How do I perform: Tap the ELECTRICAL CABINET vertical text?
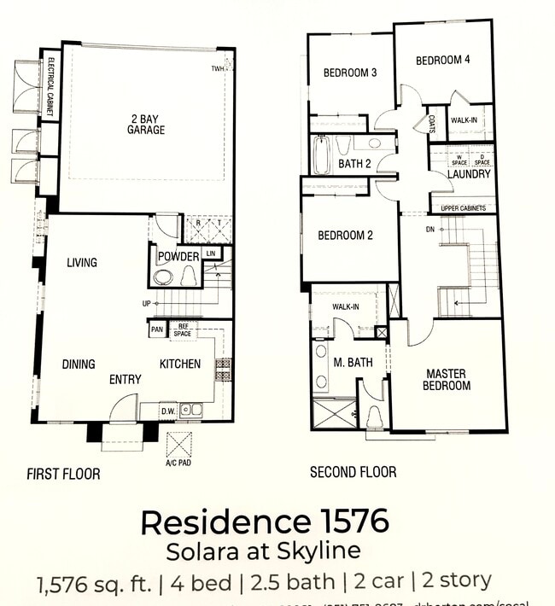coord(51,85)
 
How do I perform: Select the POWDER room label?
coord(178,257)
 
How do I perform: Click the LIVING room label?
coord(82,263)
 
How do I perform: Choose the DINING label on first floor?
coord(79,364)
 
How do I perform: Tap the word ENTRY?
coord(126,379)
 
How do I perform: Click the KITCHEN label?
coord(180,364)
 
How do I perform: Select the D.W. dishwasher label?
coord(168,411)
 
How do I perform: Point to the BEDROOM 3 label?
coord(350,73)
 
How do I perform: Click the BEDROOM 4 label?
coord(442,61)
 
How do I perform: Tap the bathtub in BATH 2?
coord(321,155)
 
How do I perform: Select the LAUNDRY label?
coord(469,174)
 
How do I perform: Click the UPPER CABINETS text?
coord(464,208)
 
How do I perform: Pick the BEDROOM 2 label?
coord(345,236)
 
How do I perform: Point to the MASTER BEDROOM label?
coord(447,380)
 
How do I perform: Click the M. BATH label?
coord(353,363)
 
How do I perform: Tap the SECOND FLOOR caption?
coord(353,471)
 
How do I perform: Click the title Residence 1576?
coord(265,520)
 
